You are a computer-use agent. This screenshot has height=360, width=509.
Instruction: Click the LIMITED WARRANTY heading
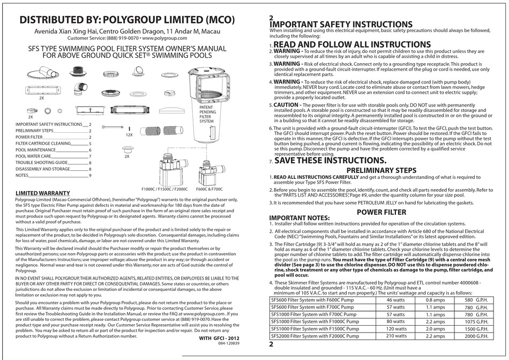[x=43, y=192]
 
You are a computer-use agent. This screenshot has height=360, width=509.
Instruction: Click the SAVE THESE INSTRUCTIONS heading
[x=329, y=160]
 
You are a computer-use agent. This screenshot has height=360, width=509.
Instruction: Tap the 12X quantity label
[x=128, y=136]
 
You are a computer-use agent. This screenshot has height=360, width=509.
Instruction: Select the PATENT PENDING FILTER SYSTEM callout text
[x=206, y=114]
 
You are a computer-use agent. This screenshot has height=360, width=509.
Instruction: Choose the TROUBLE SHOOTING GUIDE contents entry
[x=41, y=161]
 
